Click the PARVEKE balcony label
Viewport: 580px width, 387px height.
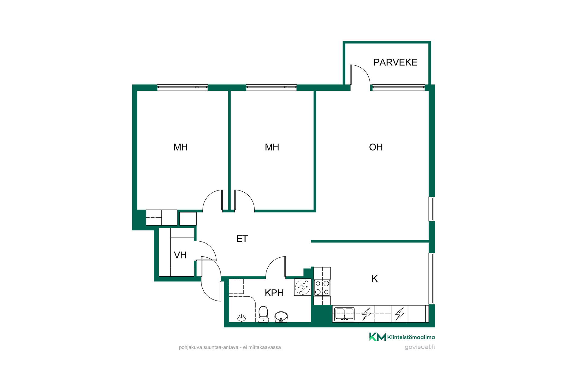(395, 62)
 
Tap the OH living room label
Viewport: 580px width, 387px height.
(376, 147)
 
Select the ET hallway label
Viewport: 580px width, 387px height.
(242, 239)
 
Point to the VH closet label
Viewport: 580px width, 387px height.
(180, 255)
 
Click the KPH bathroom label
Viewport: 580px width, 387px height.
(274, 293)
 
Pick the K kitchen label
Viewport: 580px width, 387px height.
(375, 279)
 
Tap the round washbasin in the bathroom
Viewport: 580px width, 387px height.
(281, 317)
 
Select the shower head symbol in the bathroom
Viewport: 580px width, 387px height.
(241, 318)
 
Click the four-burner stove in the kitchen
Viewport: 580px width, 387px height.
(322, 288)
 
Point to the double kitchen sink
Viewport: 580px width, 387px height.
(344, 314)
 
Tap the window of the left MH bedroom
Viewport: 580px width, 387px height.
(182, 87)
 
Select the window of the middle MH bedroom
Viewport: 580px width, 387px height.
(271, 87)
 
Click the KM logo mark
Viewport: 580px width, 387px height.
(378, 337)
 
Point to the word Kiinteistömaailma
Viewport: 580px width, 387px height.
(411, 337)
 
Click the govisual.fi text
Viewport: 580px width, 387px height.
(420, 347)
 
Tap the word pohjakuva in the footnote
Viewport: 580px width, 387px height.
(191, 348)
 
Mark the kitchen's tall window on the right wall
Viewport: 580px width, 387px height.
(432, 278)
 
